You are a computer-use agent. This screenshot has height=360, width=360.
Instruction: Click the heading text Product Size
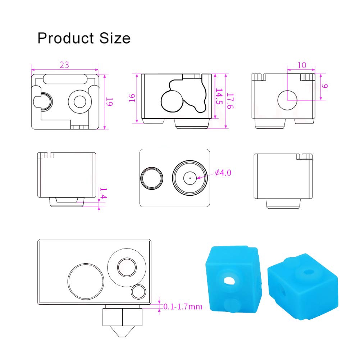coord(84,38)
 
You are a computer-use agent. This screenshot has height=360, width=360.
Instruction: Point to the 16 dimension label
coord(132,98)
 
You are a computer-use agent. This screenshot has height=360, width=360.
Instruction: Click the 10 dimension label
coord(302,65)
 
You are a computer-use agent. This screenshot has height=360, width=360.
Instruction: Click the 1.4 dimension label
coord(103,193)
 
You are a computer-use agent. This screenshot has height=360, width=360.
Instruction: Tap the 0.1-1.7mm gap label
coord(183,307)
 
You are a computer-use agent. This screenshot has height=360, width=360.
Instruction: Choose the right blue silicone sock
coord(302,284)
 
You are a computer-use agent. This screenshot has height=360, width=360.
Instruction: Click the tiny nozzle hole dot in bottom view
coord(190,177)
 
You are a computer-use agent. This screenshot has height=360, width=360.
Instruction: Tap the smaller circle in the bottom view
coord(151,178)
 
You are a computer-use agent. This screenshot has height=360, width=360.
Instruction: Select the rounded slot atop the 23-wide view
coord(65,79)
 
